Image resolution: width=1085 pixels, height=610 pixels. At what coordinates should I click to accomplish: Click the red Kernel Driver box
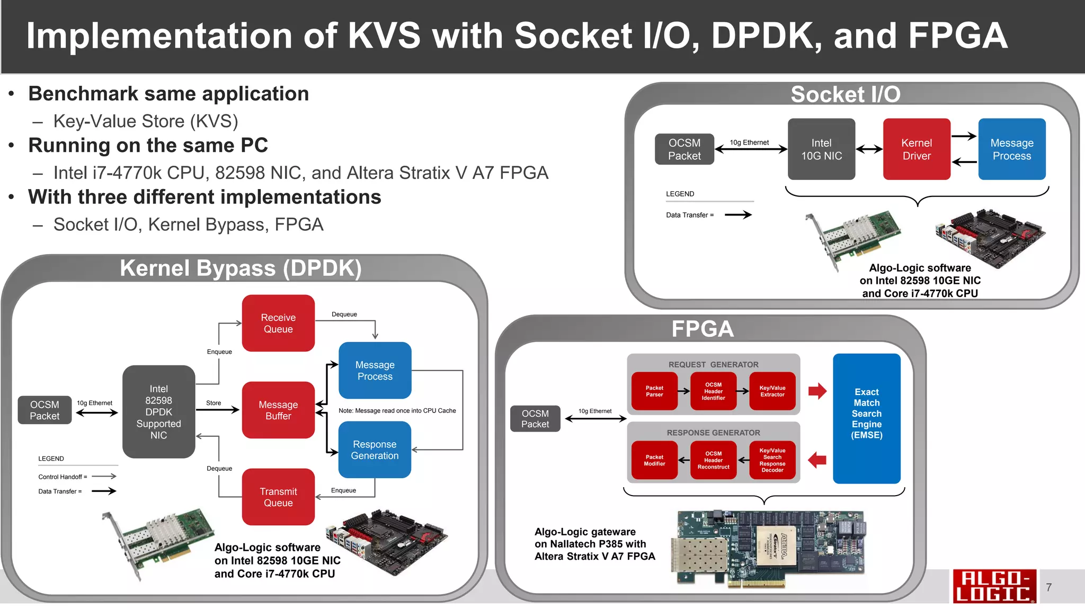[917, 149]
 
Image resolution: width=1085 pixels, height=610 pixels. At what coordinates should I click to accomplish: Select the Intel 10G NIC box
[821, 149]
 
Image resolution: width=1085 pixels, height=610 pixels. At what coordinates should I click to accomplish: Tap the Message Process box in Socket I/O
[1011, 149]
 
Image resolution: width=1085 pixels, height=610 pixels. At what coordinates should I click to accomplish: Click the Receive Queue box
[278, 323]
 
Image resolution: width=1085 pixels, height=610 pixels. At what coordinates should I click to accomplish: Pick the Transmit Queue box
[278, 497]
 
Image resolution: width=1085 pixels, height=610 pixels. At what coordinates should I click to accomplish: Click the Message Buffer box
[278, 410]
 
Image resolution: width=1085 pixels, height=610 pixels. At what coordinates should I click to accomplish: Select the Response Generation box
[375, 450]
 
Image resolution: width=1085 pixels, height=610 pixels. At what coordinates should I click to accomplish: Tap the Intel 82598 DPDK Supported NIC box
[158, 411]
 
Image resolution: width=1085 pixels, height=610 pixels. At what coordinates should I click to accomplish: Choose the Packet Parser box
[654, 391]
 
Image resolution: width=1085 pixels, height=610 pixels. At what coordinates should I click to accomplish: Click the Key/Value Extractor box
[772, 391]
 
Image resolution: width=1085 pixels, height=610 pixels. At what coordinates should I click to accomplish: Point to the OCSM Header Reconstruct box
[713, 460]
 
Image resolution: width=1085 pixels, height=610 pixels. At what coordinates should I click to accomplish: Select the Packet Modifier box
[654, 460]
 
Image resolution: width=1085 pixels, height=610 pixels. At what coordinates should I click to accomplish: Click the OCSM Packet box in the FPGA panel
[535, 418]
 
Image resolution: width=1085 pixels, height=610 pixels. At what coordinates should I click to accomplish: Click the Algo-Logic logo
[993, 586]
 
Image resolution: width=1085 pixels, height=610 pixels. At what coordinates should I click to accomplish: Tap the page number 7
[1048, 587]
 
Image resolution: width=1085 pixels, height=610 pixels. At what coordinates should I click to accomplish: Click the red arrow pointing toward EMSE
[817, 391]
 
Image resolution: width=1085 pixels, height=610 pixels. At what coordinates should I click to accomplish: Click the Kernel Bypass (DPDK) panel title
[241, 268]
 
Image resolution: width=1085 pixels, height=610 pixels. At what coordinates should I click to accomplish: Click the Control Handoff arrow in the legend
[104, 477]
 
